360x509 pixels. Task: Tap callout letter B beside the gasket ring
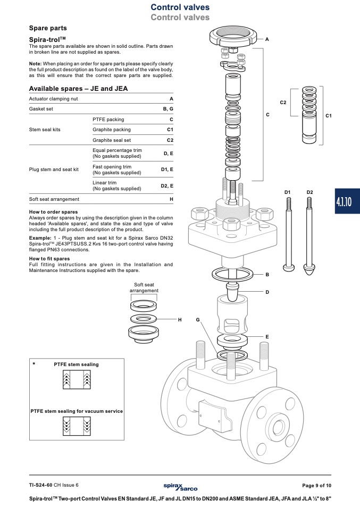tap(267, 275)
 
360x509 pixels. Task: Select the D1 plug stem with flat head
tap(288, 234)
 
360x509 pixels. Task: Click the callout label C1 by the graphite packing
tap(329, 116)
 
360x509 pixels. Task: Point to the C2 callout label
tap(283, 103)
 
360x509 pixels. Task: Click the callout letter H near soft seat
tap(180, 320)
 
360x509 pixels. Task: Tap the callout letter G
tap(197, 320)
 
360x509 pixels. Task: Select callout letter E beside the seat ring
tap(267, 337)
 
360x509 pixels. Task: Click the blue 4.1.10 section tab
tap(347, 201)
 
